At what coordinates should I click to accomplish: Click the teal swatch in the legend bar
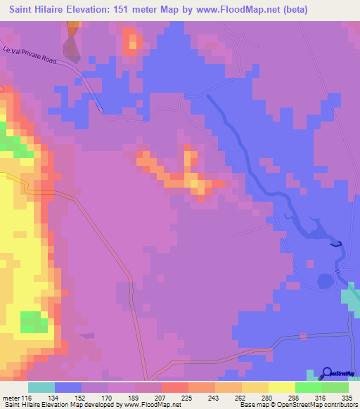tap(41, 387)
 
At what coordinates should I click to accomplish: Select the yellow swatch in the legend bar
tap(282, 387)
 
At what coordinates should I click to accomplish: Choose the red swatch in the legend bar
tap(175, 387)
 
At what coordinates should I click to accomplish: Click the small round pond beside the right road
tap(324, 280)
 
